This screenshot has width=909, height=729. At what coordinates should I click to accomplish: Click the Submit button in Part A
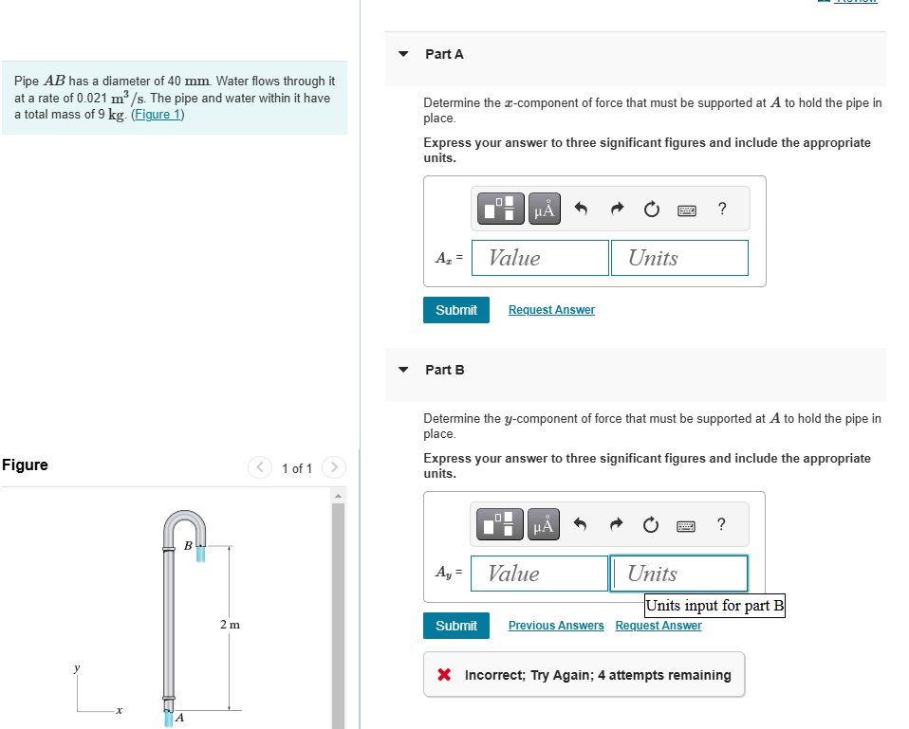[455, 310]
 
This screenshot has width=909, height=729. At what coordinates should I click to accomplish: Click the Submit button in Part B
[455, 626]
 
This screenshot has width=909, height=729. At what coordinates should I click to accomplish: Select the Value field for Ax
[540, 258]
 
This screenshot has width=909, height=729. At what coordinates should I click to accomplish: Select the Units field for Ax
[679, 258]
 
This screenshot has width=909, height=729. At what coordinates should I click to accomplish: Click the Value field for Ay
[539, 574]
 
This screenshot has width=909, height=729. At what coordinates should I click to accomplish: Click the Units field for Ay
[679, 574]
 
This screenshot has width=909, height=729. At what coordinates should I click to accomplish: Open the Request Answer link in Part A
[551, 310]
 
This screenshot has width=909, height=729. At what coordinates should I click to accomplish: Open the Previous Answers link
[556, 626]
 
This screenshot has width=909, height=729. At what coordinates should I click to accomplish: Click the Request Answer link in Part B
[659, 626]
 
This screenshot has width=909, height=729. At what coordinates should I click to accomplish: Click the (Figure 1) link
[158, 115]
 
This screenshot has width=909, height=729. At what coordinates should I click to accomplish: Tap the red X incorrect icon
[443, 675]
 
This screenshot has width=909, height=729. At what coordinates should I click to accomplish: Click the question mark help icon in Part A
[723, 210]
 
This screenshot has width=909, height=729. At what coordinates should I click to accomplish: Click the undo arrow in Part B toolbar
[583, 525]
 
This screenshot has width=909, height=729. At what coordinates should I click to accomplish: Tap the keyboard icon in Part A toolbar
[688, 210]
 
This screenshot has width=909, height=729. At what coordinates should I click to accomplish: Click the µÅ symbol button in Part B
[544, 525]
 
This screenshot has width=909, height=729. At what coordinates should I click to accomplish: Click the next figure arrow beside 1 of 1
[333, 467]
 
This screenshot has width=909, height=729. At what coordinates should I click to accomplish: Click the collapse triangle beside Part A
[403, 54]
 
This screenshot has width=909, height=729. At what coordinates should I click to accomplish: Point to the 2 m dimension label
[230, 625]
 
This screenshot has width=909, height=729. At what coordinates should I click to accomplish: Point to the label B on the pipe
[188, 545]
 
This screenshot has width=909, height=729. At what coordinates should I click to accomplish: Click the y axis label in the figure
[77, 668]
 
